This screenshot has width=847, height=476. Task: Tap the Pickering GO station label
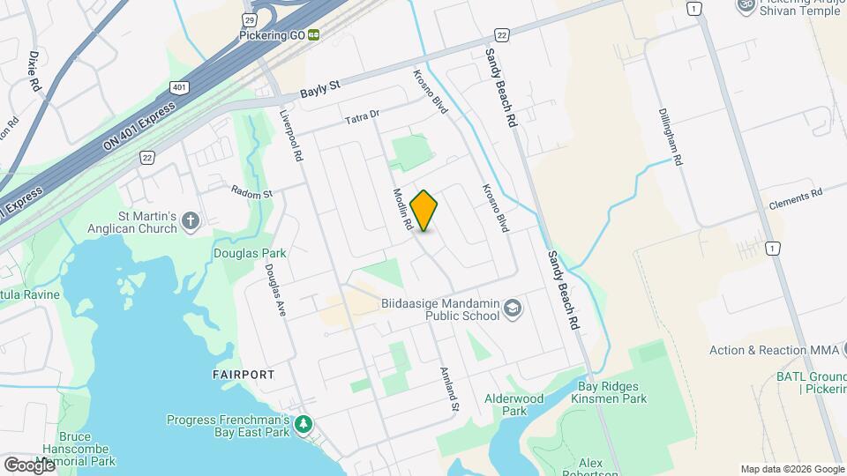pyautogui.click(x=272, y=35)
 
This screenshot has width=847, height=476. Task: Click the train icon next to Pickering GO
pyautogui.click(x=314, y=35)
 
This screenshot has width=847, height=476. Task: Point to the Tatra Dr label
pyautogui.click(x=361, y=115)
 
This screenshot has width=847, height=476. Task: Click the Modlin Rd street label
pyautogui.click(x=402, y=209)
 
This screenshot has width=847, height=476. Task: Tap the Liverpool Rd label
pyautogui.click(x=291, y=136)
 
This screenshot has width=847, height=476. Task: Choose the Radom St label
pyautogui.click(x=252, y=191)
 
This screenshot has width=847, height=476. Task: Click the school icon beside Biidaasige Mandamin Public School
pyautogui.click(x=513, y=309)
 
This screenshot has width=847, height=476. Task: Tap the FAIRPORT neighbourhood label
pyautogui.click(x=244, y=375)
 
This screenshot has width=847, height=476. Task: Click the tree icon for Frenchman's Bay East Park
pyautogui.click(x=304, y=425)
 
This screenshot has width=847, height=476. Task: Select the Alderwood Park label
pyautogui.click(x=513, y=405)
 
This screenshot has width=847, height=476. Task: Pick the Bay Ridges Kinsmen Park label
pyautogui.click(x=611, y=392)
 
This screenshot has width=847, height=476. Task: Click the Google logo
pyautogui.click(x=29, y=465)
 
